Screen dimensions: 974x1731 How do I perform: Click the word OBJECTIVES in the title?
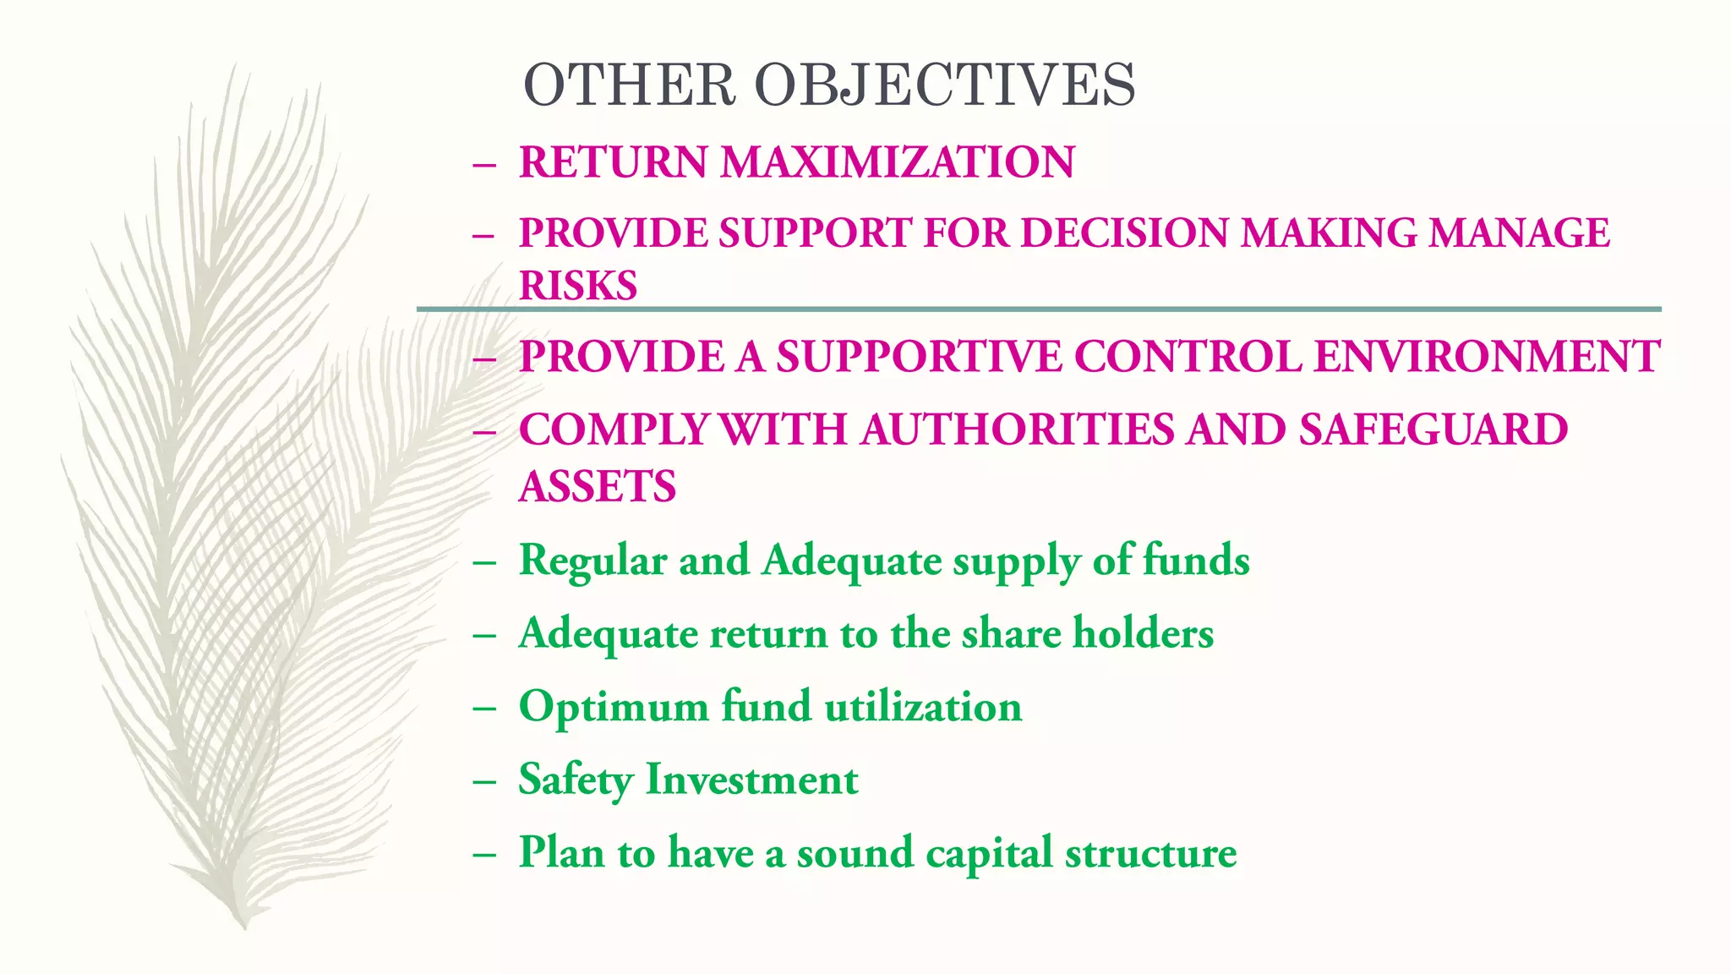coord(944,85)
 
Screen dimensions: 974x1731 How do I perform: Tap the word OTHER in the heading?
coord(630,85)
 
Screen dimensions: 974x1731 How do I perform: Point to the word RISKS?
coord(578,286)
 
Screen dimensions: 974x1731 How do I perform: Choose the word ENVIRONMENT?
coord(1487,356)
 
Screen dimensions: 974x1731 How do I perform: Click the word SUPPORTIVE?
coord(919,356)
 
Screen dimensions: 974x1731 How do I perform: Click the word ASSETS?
coord(598,487)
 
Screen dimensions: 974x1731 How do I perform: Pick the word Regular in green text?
coord(592,561)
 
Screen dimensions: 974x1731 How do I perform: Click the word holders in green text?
coord(1143,633)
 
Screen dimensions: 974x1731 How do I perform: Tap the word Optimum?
coord(614,707)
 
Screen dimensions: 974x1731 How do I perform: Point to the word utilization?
coord(923,707)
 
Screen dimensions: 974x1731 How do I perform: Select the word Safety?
coord(575,780)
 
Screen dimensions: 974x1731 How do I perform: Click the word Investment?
coord(752,780)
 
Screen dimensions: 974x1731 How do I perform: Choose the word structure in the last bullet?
coord(1150,852)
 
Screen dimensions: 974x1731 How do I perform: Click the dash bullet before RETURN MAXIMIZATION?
coord(484,163)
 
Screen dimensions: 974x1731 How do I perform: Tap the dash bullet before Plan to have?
coord(484,854)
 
